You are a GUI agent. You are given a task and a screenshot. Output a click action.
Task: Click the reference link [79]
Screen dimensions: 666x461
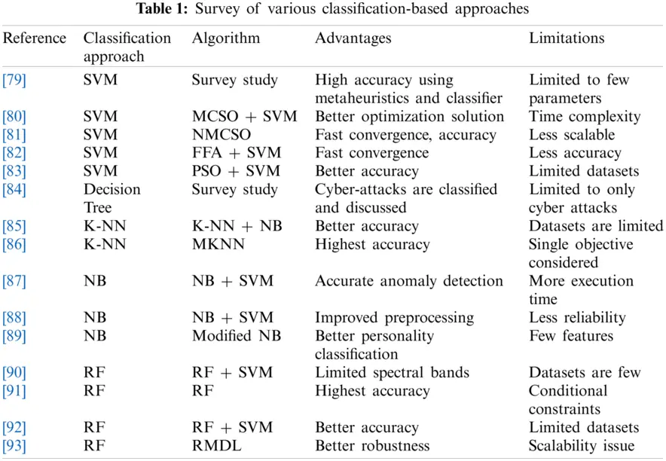pyautogui.click(x=14, y=80)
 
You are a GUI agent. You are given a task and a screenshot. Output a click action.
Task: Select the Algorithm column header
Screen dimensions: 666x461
pyautogui.click(x=225, y=38)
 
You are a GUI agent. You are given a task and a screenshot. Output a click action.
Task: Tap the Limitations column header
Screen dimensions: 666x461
pyautogui.click(x=567, y=38)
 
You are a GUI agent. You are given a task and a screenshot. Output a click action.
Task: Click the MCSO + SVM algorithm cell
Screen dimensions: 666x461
pyautogui.click(x=244, y=116)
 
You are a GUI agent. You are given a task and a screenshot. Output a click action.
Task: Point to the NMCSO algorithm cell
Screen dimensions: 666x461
pyautogui.click(x=221, y=135)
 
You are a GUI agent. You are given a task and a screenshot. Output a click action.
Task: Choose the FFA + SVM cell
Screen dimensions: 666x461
pyautogui.click(x=237, y=153)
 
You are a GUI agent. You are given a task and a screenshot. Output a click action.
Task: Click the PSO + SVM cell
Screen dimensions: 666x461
pyautogui.click(x=236, y=171)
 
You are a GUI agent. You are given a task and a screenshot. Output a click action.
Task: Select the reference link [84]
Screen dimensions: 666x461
pyautogui.click(x=14, y=189)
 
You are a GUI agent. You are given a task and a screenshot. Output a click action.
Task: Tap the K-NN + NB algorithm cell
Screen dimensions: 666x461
pyautogui.click(x=237, y=226)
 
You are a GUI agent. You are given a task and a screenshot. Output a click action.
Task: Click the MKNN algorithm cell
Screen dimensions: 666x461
pyautogui.click(x=218, y=244)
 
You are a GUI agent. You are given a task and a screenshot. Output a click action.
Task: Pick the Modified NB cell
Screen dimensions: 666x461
pyautogui.click(x=237, y=336)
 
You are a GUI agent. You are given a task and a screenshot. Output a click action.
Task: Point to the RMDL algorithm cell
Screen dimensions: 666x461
pyautogui.click(x=217, y=446)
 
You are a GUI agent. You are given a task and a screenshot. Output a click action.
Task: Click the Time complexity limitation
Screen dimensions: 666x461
pyautogui.click(x=585, y=117)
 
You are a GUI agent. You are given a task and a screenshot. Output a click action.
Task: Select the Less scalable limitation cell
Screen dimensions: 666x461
pyautogui.click(x=572, y=135)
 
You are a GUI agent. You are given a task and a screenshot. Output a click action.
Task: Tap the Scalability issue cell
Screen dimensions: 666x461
pyautogui.click(x=582, y=446)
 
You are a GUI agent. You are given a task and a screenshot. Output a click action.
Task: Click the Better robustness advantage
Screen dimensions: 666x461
pyautogui.click(x=372, y=446)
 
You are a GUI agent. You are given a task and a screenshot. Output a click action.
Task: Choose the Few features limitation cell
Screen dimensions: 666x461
pyautogui.click(x=571, y=336)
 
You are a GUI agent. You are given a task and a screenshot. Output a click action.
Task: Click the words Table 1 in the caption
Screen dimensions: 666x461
pyautogui.click(x=161, y=8)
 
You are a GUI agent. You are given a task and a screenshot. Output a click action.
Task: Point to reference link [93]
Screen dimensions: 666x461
pyautogui.click(x=14, y=446)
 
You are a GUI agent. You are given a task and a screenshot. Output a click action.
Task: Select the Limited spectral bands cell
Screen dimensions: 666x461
pyautogui.click(x=392, y=373)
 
